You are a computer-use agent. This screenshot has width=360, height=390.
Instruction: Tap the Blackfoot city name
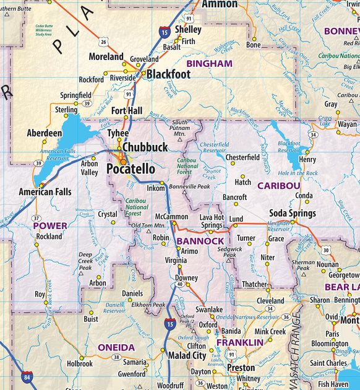(168, 74)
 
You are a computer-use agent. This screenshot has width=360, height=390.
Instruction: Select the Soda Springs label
(292, 214)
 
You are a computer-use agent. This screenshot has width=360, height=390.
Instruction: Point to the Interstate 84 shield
(27, 375)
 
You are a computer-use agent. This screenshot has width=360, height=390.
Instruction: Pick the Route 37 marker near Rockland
(36, 218)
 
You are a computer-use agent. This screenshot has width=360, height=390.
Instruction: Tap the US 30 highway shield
(325, 250)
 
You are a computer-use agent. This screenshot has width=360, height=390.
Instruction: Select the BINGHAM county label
(209, 63)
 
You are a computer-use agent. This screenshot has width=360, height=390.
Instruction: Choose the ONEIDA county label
(115, 347)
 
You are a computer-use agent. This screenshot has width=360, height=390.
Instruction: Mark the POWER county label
(50, 225)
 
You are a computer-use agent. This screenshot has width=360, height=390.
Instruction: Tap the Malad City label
(187, 355)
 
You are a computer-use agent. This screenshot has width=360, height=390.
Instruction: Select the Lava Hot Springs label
(211, 221)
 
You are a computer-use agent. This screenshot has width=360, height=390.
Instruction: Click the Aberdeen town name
(45, 133)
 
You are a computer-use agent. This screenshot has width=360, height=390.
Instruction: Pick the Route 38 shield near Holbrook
(116, 357)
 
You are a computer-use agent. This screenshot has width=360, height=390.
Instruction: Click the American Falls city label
(45, 192)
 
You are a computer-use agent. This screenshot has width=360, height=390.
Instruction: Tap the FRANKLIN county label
(240, 342)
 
